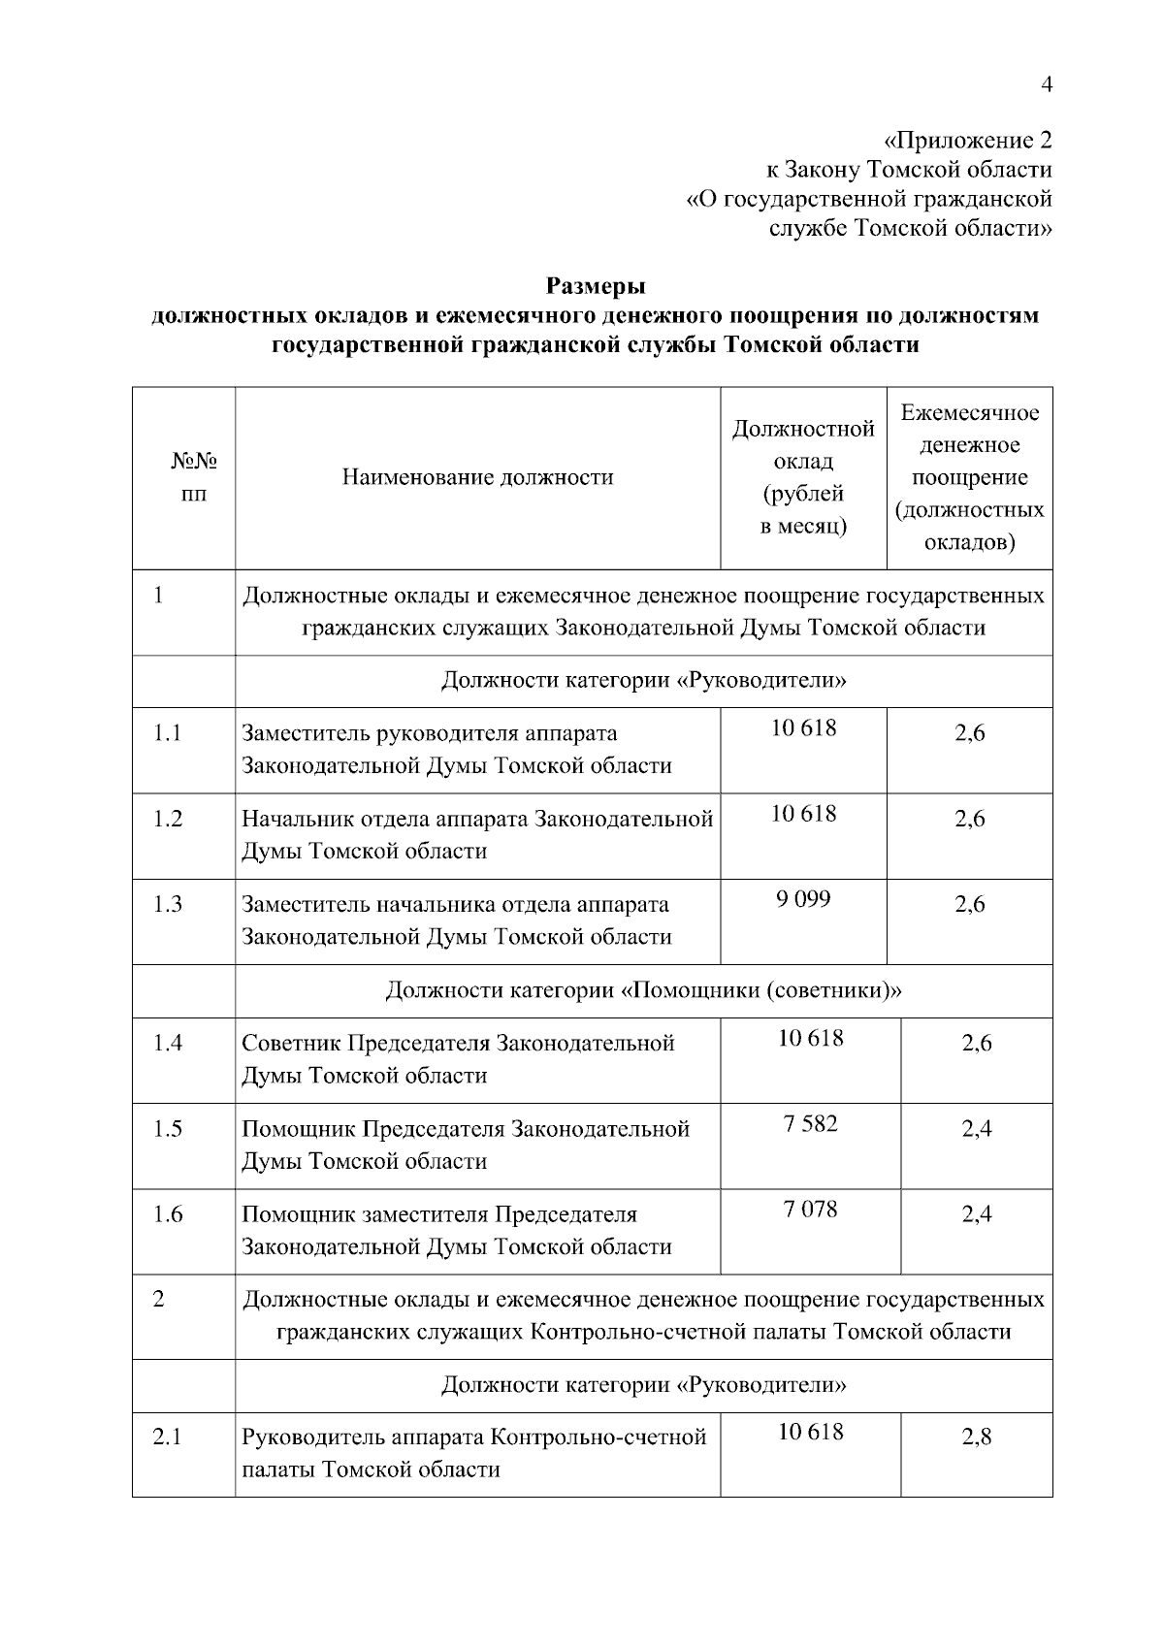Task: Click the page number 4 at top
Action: (1046, 84)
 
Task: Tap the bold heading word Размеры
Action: (596, 286)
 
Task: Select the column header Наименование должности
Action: (477, 477)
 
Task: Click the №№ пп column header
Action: (194, 477)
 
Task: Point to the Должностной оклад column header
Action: (803, 477)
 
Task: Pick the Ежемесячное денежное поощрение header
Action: (969, 477)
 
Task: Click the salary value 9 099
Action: (803, 899)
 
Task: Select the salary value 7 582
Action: (810, 1124)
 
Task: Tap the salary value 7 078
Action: (810, 1210)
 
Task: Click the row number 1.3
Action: (168, 904)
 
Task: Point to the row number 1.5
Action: (168, 1129)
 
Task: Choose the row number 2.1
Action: (168, 1437)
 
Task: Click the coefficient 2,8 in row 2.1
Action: (977, 1437)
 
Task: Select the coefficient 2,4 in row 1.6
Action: (977, 1214)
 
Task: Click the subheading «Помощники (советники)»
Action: (643, 990)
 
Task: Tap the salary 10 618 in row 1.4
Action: (810, 1039)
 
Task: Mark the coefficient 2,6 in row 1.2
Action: (969, 820)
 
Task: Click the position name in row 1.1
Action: (456, 750)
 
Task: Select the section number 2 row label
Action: (158, 1299)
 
